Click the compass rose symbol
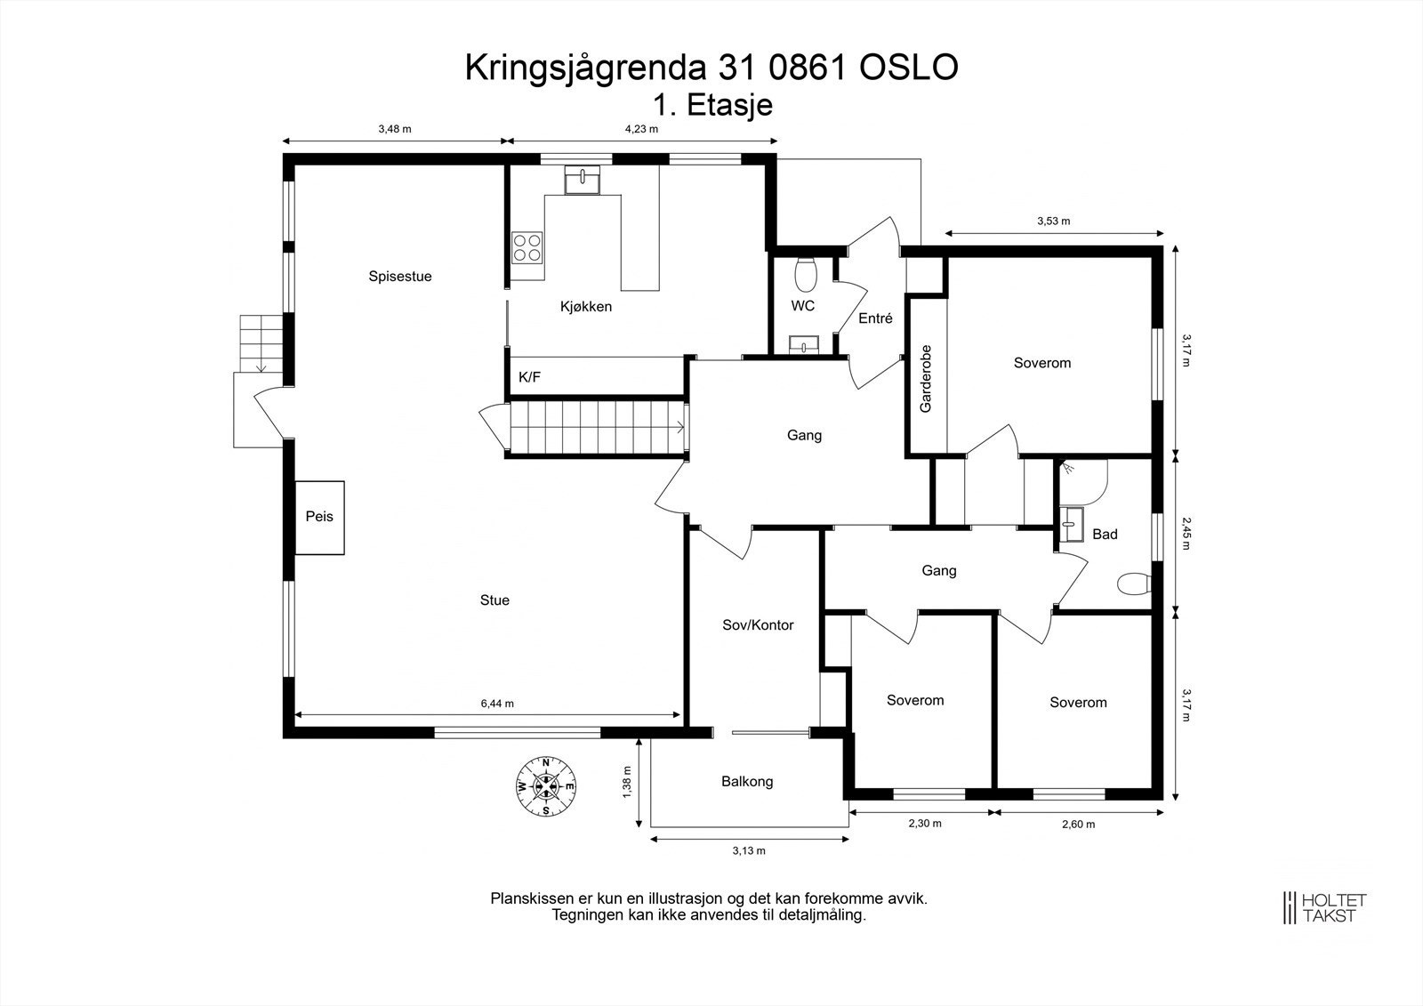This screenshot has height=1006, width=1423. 545,786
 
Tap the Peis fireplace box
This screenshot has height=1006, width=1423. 319,518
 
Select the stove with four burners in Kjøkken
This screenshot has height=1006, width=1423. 527,247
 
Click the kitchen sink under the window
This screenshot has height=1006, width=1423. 582,180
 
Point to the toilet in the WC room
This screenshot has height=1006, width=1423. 807,275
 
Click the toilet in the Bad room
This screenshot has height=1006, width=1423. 1134,584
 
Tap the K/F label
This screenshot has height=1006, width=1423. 529,378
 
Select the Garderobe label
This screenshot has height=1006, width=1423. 926,378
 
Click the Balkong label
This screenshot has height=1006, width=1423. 747,782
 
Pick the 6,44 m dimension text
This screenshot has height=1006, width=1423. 497,704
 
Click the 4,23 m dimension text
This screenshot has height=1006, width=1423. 641,129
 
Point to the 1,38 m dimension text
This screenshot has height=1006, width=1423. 627,783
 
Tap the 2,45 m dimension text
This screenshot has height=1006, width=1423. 1186,534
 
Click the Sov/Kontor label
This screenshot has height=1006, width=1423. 758,625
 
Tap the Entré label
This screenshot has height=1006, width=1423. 875,318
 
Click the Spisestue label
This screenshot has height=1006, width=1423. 400,277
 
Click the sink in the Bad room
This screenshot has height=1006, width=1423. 1073,524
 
